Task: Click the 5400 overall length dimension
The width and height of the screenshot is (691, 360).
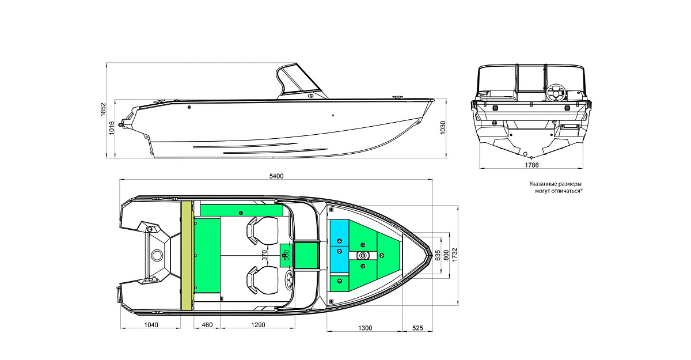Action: [276, 176]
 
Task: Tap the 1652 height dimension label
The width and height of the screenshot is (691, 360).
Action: [103, 109]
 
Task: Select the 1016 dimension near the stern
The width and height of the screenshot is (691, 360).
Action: [112, 128]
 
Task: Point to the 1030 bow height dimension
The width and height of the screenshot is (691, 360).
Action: [443, 127]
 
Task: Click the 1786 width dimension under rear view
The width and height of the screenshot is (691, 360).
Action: [531, 165]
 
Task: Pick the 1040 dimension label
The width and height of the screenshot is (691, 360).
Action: [151, 325]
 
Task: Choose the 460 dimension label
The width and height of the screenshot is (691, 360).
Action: [207, 325]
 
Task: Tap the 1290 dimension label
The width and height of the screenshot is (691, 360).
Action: [258, 325]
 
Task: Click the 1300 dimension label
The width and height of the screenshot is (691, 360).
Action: [365, 328]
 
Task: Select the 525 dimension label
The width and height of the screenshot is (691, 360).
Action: [417, 328]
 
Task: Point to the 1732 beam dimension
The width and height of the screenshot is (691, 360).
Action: [454, 255]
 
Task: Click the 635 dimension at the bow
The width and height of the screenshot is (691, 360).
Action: [438, 255]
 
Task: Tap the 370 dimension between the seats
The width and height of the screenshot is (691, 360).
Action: [265, 255]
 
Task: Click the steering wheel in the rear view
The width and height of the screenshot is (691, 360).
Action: [556, 92]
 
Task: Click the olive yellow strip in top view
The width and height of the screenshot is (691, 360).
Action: [187, 255]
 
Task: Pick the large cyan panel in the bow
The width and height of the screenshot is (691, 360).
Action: [339, 246]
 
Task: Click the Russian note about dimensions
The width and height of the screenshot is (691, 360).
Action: [556, 187]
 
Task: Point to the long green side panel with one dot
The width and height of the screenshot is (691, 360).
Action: [241, 210]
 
